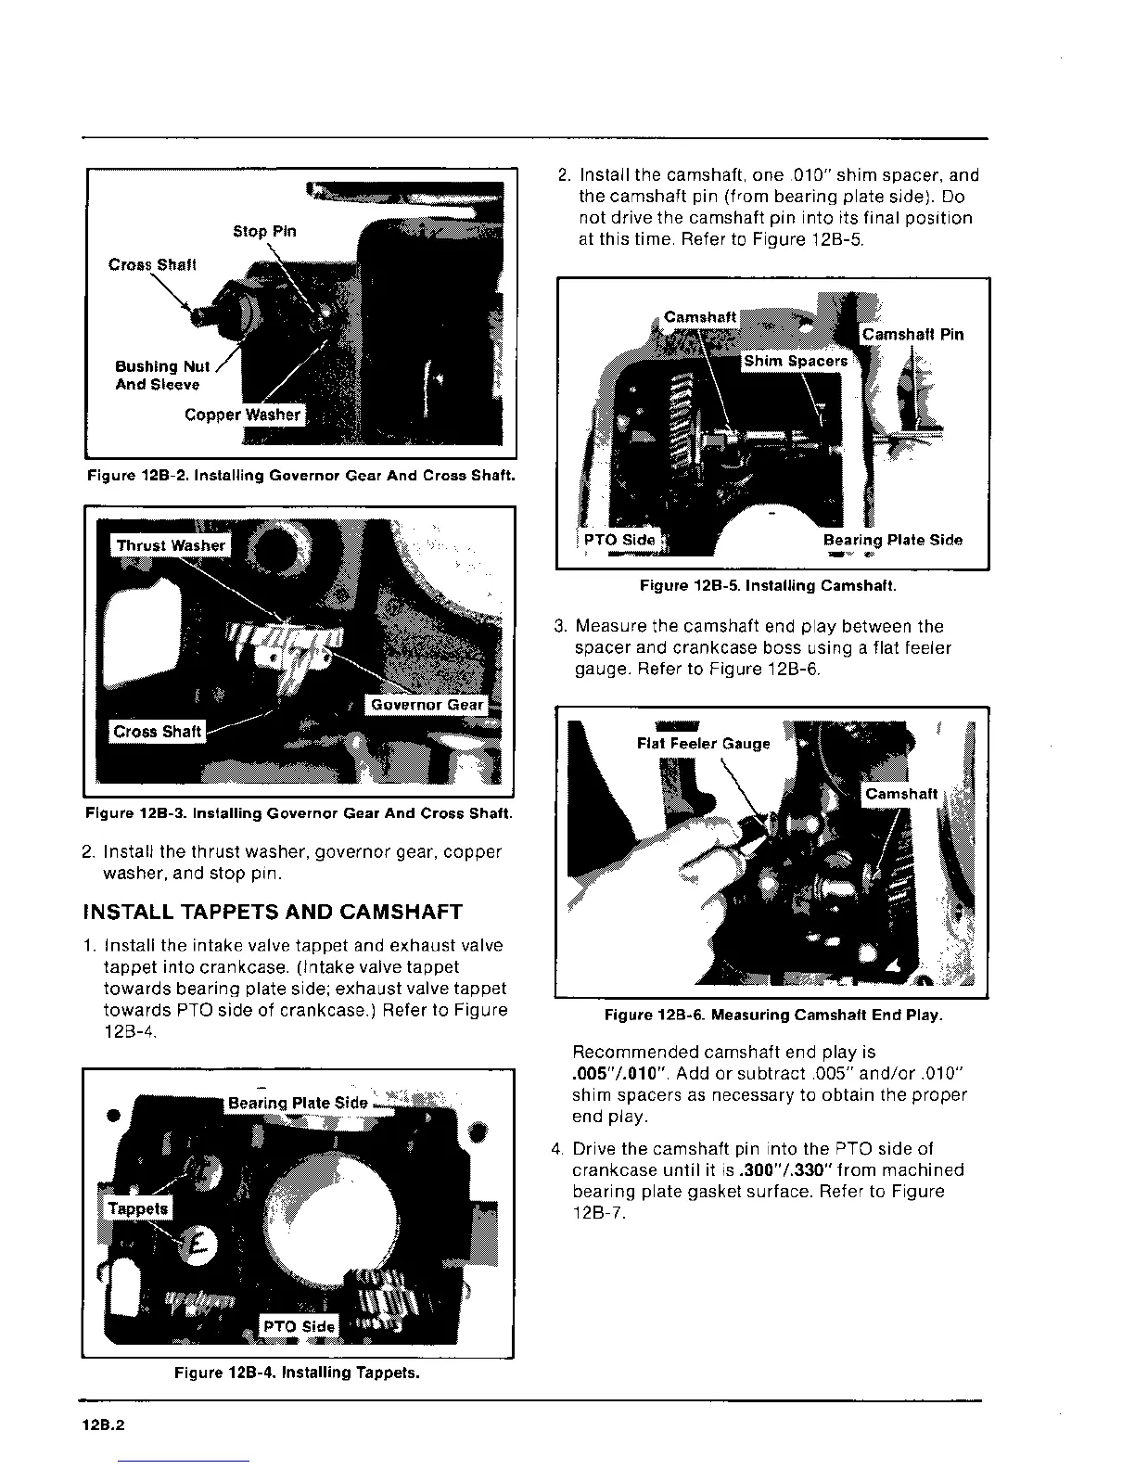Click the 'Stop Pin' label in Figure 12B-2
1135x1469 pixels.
264,231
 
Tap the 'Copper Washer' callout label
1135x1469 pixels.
243,415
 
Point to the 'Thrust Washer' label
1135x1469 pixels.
171,545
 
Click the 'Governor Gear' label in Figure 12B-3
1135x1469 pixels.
427,705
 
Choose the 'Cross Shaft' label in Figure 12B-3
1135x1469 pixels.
157,732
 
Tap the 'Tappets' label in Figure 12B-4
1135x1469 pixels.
138,1208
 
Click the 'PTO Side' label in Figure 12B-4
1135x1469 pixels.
299,1326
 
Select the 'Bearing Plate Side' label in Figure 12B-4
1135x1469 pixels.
298,1103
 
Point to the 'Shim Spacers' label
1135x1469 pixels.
795,361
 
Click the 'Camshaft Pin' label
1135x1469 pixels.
912,334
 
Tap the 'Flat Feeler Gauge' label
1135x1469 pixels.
703,744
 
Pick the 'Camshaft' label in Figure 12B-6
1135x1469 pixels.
901,794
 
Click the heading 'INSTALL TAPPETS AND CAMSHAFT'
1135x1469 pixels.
273,912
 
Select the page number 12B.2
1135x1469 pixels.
103,1427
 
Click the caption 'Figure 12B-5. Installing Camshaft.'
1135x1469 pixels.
768,586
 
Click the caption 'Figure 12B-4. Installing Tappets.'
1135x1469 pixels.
297,1373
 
